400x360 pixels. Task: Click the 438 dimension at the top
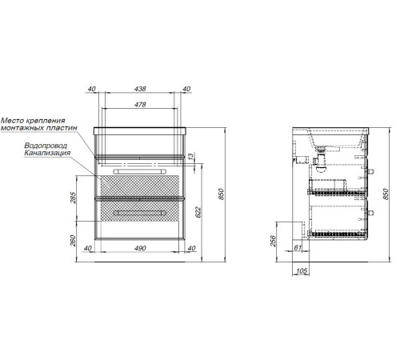coord(140,89)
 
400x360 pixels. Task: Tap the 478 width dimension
coord(140,104)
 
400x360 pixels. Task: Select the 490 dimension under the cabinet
coord(140,248)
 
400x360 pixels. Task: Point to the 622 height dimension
coord(198,212)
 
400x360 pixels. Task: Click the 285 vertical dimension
coord(73,198)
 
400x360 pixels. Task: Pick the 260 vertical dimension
coord(73,241)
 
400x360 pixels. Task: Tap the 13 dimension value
coord(191,156)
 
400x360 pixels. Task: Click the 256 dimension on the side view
coord(274,241)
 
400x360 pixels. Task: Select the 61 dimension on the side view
coord(298,247)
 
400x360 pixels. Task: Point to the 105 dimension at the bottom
coord(302,271)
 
